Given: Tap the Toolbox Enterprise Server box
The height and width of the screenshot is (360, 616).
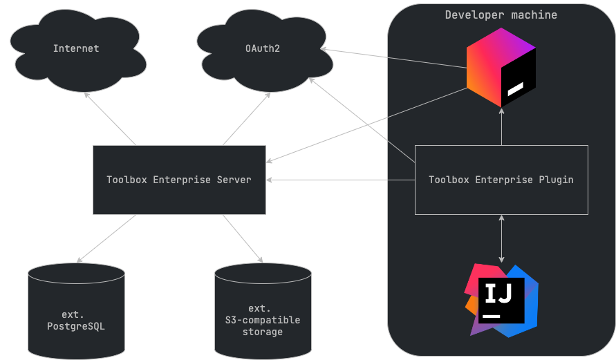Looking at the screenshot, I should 179,180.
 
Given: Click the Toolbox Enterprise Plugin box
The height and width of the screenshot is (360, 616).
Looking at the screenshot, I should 501,180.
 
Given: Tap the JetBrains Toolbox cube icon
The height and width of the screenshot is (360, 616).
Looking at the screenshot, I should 501,72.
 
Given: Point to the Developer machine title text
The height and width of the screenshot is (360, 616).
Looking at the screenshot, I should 501,15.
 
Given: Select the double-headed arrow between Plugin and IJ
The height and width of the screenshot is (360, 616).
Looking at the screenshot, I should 501,238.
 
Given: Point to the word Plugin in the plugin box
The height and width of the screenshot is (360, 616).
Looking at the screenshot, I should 556,180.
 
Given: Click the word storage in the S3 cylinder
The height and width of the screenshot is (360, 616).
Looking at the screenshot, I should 263,332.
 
